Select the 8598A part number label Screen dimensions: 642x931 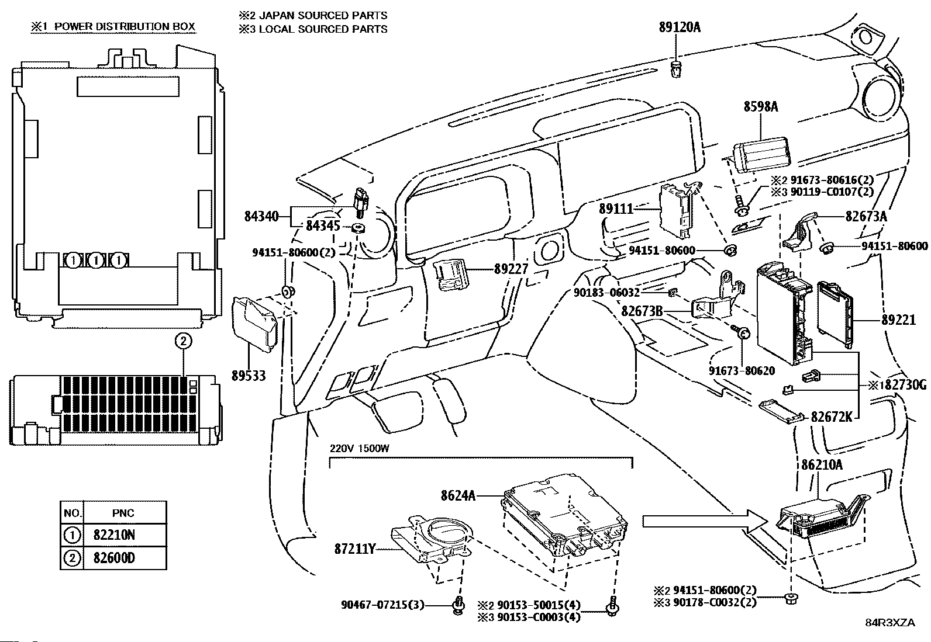coord(761,106)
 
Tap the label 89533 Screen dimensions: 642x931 coord(249,376)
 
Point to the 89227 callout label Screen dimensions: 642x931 coord(511,269)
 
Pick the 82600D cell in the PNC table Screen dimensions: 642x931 coord(113,558)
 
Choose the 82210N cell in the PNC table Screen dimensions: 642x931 coord(113,535)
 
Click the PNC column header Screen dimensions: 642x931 coord(123,513)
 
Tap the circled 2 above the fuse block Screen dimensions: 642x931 coord(182,342)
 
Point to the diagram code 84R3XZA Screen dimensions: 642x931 coord(890,623)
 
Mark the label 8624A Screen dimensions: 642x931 coord(457,496)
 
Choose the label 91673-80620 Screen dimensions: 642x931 coord(742,371)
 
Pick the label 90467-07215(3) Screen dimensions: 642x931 coord(383,605)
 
